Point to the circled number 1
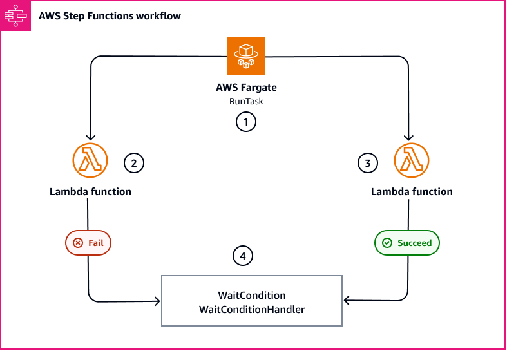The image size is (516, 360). (245, 120)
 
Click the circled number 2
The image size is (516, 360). (133, 163)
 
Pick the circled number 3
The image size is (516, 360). (367, 163)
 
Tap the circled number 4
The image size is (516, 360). (242, 256)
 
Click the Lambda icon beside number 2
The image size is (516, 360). (90, 159)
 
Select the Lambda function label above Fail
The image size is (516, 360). (90, 191)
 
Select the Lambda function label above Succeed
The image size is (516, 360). (412, 191)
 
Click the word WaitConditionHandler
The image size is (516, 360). (252, 309)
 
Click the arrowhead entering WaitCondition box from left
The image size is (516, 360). (157, 301)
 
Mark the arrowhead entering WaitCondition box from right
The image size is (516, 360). (347, 301)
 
